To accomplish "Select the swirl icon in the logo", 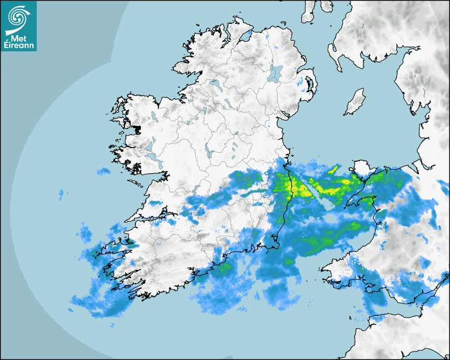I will coord(17,18).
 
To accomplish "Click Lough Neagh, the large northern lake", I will coord(276,73).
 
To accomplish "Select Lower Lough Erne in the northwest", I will coord(214,84).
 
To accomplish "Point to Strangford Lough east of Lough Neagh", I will coord(310,85).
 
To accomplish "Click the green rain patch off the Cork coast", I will coord(225,267).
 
